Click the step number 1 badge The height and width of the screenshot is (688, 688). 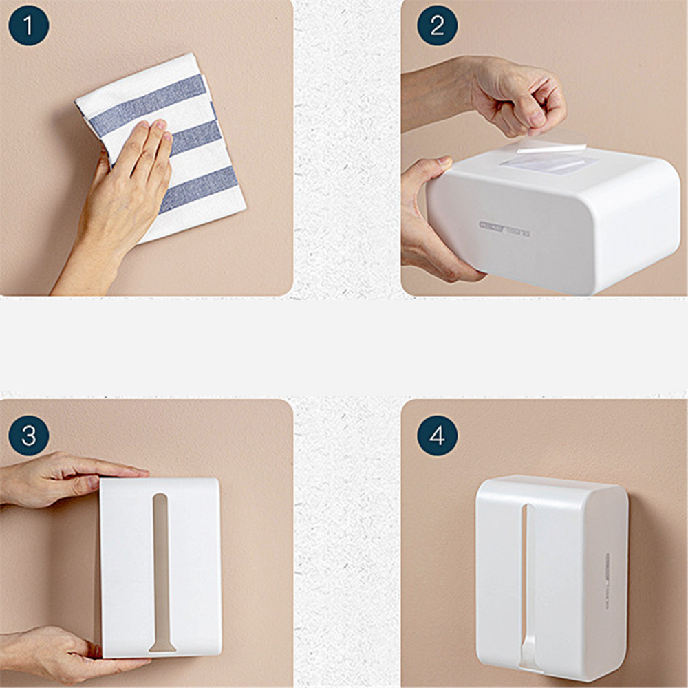(x=28, y=25)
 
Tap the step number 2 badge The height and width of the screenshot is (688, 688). (x=437, y=25)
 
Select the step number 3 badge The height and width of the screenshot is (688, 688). (x=28, y=436)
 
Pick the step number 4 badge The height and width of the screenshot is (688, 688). (x=437, y=436)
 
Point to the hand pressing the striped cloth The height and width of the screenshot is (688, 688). (x=124, y=193)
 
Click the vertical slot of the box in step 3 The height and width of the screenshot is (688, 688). (x=160, y=564)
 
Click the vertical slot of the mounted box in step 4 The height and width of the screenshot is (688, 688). (x=527, y=578)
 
